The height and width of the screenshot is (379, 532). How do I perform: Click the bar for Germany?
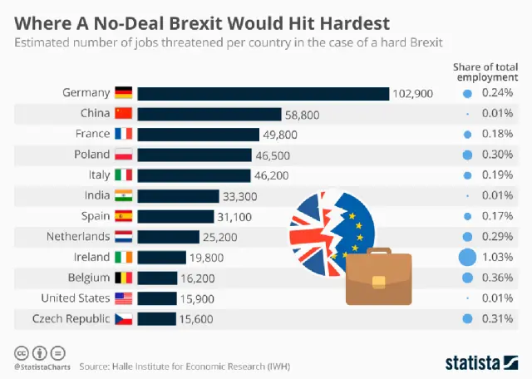(263, 94)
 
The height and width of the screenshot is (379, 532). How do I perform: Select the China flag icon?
(123, 114)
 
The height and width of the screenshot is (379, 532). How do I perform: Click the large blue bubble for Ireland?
(468, 257)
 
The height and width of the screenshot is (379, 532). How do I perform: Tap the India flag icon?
(123, 195)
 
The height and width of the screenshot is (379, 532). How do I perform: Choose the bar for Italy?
(194, 175)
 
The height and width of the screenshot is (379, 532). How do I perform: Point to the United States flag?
(123, 298)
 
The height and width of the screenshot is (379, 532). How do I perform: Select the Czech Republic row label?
(71, 317)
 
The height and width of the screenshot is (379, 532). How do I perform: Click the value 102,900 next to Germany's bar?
(413, 94)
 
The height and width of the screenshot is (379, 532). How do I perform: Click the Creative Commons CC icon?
(19, 352)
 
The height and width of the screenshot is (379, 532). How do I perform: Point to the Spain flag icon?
(123, 216)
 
